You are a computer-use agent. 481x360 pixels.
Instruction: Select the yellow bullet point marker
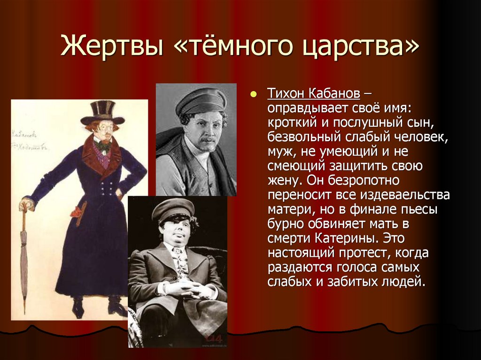click(254, 94)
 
